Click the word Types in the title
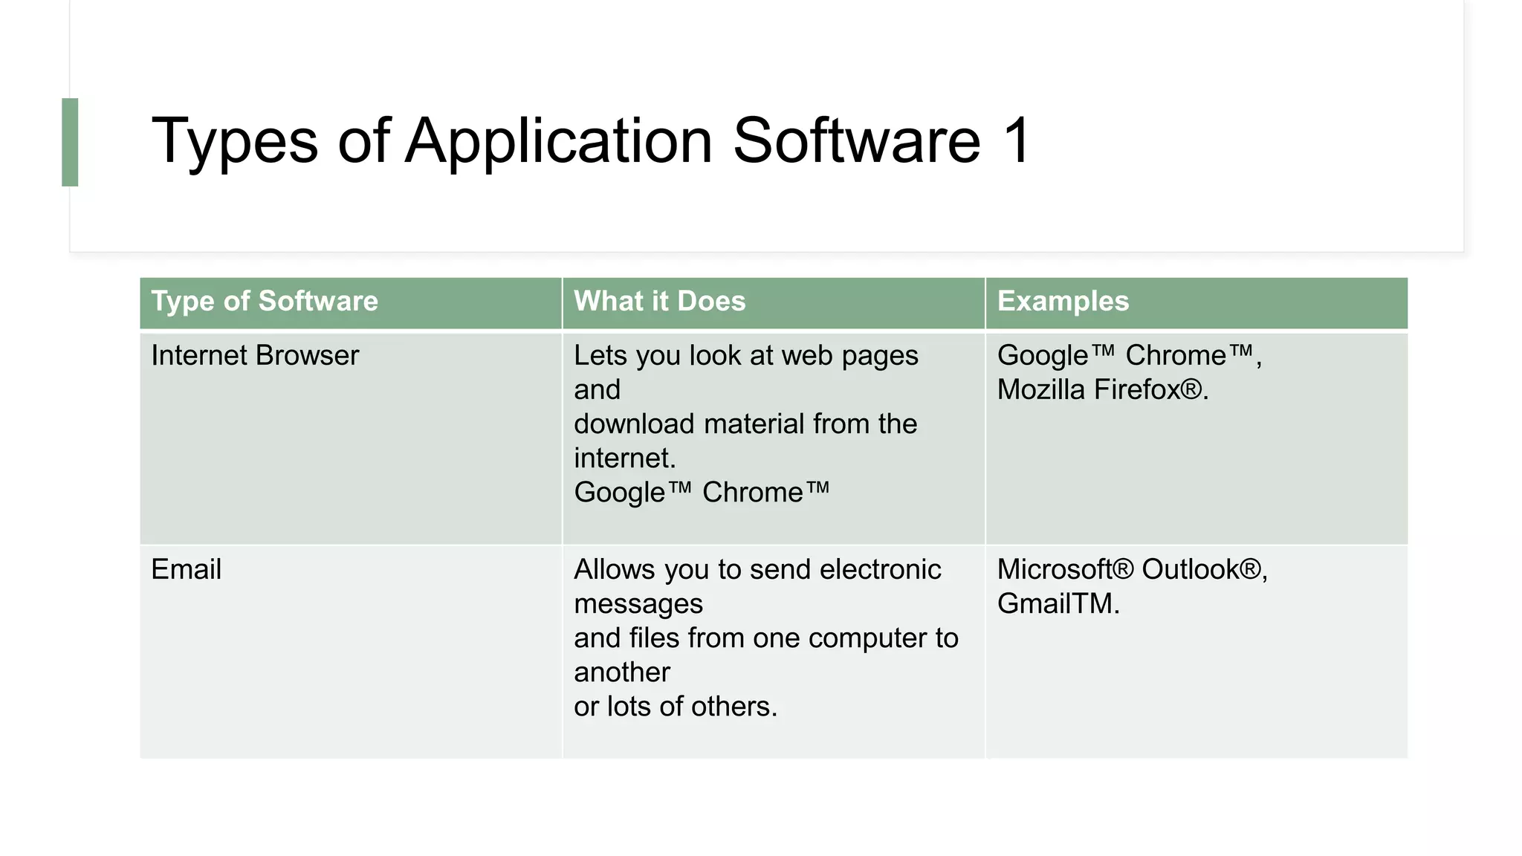click(x=234, y=141)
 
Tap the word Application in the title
click(x=559, y=141)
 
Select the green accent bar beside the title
click(x=70, y=142)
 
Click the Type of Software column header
click(x=265, y=302)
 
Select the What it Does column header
click(x=659, y=302)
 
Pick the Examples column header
click(x=1062, y=302)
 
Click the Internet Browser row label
click(x=255, y=356)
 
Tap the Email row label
click(x=186, y=570)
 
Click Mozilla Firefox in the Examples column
click(x=1102, y=390)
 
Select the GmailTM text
click(x=1058, y=604)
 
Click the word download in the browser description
click(x=633, y=424)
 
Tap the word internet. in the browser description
click(x=624, y=458)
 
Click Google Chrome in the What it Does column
click(x=701, y=493)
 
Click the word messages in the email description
click(x=638, y=604)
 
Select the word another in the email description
click(x=621, y=672)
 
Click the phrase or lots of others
click(x=675, y=707)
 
